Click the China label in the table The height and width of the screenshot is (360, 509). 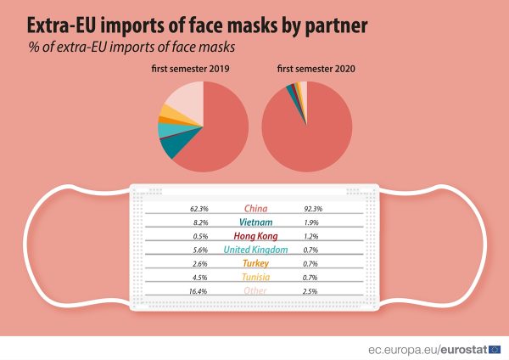[255, 208]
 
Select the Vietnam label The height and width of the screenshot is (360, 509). [255, 222]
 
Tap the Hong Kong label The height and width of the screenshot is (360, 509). [255, 235]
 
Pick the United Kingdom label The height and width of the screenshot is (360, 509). [255, 250]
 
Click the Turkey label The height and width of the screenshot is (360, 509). [255, 263]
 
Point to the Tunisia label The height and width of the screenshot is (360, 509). [255, 277]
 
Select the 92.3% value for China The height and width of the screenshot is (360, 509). [312, 208]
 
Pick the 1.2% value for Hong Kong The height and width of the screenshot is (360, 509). [311, 235]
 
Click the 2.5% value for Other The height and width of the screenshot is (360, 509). [311, 291]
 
